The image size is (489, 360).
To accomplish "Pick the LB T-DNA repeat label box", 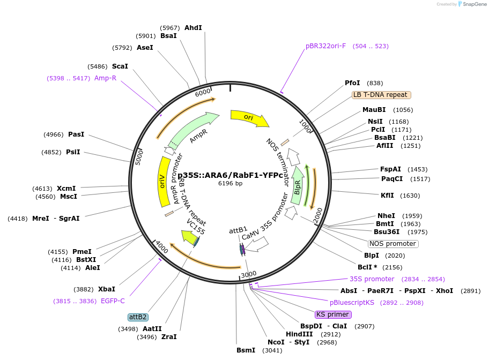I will coord(381,95).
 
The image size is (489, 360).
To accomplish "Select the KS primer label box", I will coord(333,314).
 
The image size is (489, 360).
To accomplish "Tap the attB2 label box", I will coord(138,317).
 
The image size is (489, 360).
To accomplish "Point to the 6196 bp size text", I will coord(230,183).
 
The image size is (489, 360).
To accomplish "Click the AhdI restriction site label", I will coord(193,27).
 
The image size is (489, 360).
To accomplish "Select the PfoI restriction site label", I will coord(352,83).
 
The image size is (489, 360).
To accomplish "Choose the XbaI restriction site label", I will coord(107,289).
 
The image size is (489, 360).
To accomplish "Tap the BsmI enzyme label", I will coord(246,350).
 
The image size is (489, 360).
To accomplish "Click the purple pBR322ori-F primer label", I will coord(325,46).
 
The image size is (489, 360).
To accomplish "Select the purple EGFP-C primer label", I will coord(113,301).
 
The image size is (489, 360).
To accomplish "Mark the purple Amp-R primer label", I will coord(105,78).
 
